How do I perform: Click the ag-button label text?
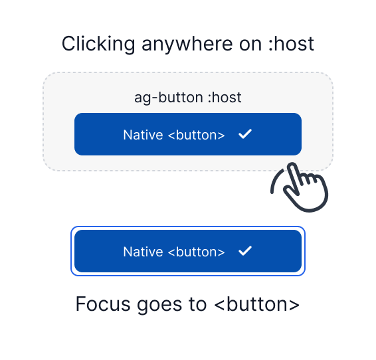168,98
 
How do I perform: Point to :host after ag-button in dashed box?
224,98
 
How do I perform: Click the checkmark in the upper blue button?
245,134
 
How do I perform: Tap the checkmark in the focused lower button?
245,251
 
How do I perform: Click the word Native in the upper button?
143,135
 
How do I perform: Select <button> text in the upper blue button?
196,135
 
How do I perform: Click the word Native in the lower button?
143,252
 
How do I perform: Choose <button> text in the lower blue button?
196,252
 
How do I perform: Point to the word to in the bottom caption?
198,304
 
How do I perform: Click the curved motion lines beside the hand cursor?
276,183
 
